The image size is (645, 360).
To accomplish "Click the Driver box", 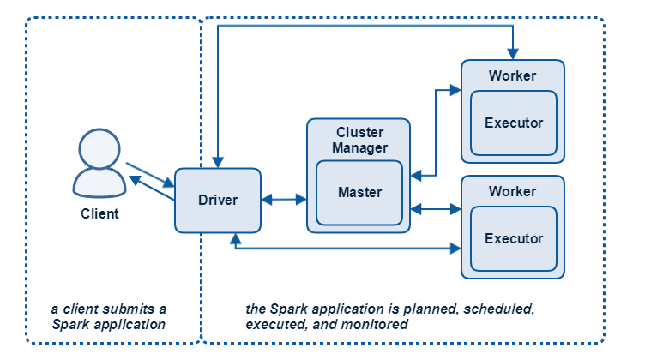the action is click(218, 200).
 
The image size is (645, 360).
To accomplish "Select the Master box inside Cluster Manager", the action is click(359, 193).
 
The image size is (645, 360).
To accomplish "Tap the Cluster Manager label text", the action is click(359, 140).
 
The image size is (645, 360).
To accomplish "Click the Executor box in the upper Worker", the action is click(514, 123).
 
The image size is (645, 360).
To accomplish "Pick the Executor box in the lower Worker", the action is click(514, 239).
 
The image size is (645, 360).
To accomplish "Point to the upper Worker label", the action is click(513, 75).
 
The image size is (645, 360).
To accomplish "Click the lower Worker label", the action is click(513, 191).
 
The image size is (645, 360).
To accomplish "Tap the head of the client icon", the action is click(99, 149).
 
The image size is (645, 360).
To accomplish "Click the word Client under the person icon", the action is click(99, 213).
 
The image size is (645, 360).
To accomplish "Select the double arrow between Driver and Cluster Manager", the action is click(284, 200).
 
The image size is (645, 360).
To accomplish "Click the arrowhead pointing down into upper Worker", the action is click(513, 54).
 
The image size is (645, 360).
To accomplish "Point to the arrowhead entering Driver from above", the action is click(218, 162).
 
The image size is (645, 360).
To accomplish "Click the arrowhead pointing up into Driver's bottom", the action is click(235, 239).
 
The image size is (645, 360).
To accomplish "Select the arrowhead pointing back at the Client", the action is click(135, 180).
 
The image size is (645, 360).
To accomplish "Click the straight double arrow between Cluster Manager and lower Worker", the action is click(436, 209).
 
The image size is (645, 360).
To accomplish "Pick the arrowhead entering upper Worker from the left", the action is click(455, 90).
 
